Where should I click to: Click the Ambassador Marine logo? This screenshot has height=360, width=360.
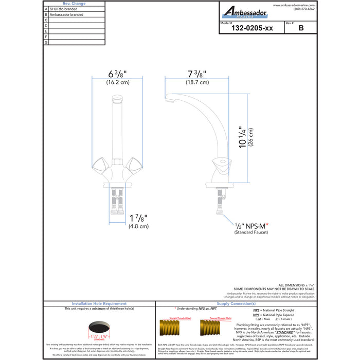[x=244, y=12]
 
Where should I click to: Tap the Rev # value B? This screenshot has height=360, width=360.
[x=300, y=29]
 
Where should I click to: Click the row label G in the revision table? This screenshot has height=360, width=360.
[x=46, y=42]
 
